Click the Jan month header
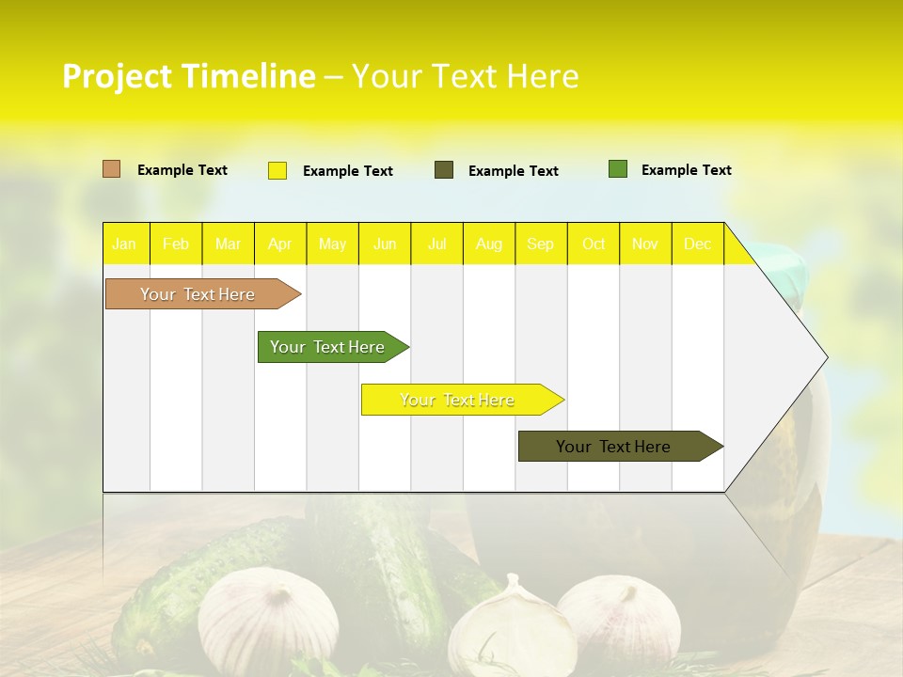pos(124,244)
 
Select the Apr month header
pos(280,244)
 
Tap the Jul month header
pos(437,244)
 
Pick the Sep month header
pos(541,244)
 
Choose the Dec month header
pos(698,244)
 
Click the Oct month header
pos(594,244)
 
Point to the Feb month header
pos(176,244)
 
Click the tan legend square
pos(112,169)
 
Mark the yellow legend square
pos(277,170)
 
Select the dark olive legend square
pos(444,170)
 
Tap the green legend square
pos(618,169)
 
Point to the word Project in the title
pos(117,76)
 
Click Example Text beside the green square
pos(686,170)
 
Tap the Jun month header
pos(385,244)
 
